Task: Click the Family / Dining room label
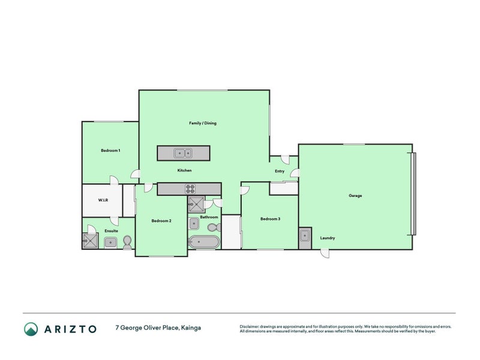(x=203, y=123)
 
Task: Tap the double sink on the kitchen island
(x=183, y=153)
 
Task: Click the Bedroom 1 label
(x=110, y=150)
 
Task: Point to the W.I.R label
(x=103, y=200)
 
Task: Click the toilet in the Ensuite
(x=127, y=242)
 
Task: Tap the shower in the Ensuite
(x=91, y=241)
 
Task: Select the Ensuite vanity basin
(x=110, y=242)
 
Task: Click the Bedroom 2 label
(x=161, y=221)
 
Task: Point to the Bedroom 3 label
(x=270, y=219)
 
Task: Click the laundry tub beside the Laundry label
(x=305, y=235)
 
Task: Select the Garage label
(x=355, y=196)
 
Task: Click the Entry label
(x=280, y=171)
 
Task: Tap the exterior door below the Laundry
(x=324, y=254)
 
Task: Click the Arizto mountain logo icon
(x=31, y=329)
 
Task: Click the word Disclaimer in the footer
(x=251, y=326)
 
